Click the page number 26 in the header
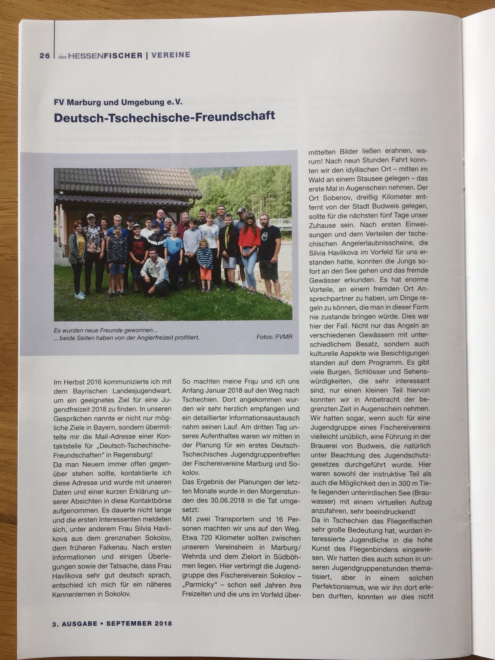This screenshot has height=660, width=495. pos(45,56)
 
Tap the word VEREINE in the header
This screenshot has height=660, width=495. pos(171,55)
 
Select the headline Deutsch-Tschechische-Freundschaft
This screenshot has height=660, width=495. pos(164,116)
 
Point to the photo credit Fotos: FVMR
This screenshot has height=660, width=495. pos(274,337)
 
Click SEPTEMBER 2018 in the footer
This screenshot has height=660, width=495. pos(139,623)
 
